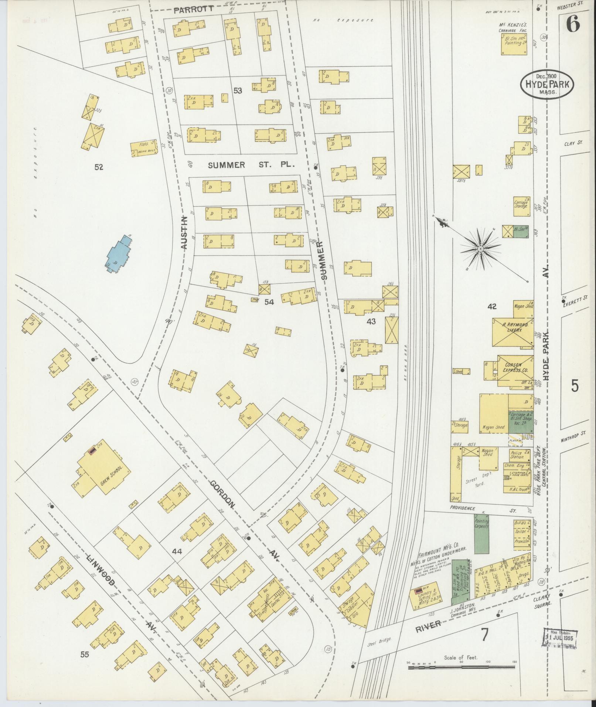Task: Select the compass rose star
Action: coord(480,249)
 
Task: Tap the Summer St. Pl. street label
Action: coord(251,165)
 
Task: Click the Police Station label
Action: coord(517,455)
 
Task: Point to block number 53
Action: coord(237,90)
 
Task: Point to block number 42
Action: coord(492,306)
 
